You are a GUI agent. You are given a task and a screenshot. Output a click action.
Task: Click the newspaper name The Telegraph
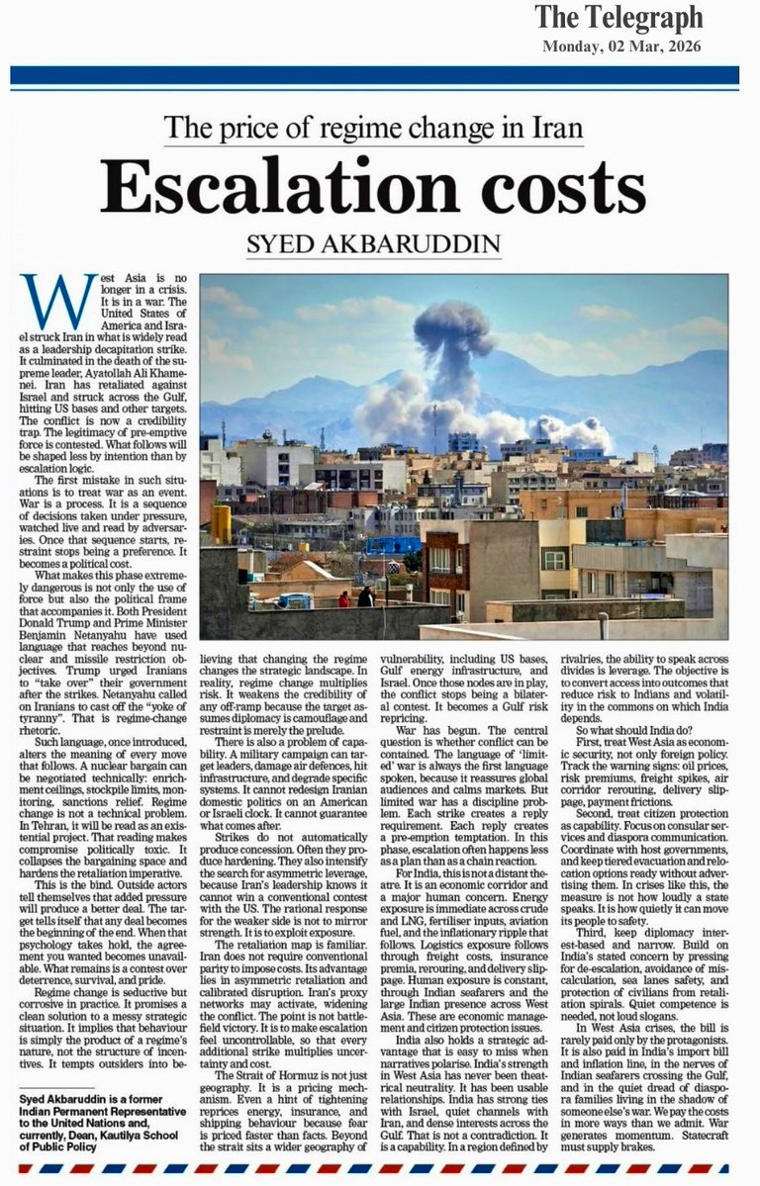[x=618, y=18]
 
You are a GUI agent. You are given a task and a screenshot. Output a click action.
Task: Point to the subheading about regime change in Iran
[x=373, y=129]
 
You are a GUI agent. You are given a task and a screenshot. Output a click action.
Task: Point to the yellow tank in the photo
[x=220, y=524]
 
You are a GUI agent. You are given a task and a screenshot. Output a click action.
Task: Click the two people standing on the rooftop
[x=354, y=597]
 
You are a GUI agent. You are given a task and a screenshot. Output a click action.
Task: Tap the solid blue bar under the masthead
[x=374, y=75]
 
